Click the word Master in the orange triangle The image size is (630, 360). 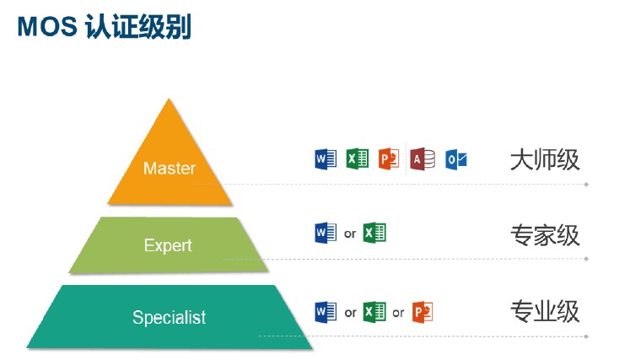pos(170,168)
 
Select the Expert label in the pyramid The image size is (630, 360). pos(168,245)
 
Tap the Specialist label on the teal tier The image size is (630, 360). pos(170,317)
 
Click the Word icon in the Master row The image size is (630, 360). pos(326,159)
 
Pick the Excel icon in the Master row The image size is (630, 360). pos(358,159)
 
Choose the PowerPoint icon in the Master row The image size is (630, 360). pos(389,159)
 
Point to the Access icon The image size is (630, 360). pos(423,159)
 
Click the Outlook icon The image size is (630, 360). pos(456,159)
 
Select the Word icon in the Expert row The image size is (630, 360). pos(326,233)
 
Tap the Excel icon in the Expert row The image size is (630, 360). pos(374,233)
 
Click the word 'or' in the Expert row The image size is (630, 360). pos(350,234)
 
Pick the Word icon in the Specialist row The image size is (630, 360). pos(326,312)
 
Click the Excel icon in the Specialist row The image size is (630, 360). pos(374,312)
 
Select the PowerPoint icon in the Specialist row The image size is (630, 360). pos(423,312)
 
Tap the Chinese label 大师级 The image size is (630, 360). pos(545,159)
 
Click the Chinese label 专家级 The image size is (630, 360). pos(545,235)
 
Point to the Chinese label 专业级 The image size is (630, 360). pos(545,311)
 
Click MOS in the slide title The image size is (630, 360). pos(47,26)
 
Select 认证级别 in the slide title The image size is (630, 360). pos(138,27)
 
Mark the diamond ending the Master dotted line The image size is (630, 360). pos(587,185)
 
